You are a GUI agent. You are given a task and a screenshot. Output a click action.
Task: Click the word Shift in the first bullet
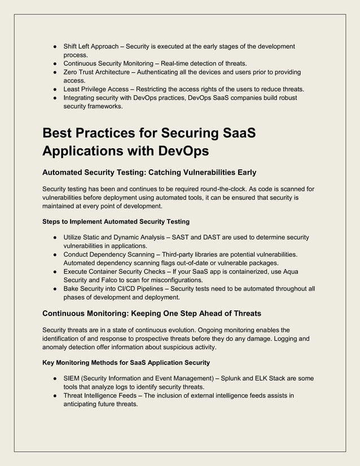71,46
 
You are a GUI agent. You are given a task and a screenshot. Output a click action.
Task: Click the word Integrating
80,98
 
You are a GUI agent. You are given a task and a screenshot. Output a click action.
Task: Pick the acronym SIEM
73,379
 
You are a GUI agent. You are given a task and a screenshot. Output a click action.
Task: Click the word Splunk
230,379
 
